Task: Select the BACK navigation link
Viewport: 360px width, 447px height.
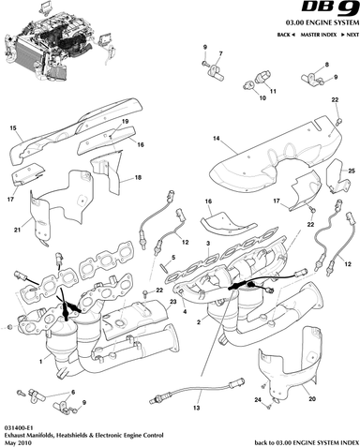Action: (286, 35)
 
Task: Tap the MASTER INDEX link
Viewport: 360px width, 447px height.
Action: (319, 35)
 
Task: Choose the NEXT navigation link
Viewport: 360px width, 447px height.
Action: (350, 35)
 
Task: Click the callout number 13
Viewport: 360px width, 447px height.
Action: (196, 408)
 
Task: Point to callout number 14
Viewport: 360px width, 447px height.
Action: (217, 139)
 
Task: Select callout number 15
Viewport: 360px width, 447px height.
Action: (13, 128)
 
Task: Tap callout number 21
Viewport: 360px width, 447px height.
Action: (17, 230)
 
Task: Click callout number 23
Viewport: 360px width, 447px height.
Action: (173, 302)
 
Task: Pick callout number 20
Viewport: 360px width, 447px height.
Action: (312, 399)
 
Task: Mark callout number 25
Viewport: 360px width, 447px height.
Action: (352, 171)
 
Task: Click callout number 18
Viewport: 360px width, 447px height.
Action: (138, 177)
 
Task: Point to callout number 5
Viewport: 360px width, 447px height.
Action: (173, 258)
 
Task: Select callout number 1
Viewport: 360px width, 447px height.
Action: (40, 362)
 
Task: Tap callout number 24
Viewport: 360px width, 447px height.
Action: (258, 399)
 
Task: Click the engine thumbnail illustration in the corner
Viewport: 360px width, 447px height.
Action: (58, 42)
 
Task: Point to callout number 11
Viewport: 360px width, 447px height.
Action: (273, 92)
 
